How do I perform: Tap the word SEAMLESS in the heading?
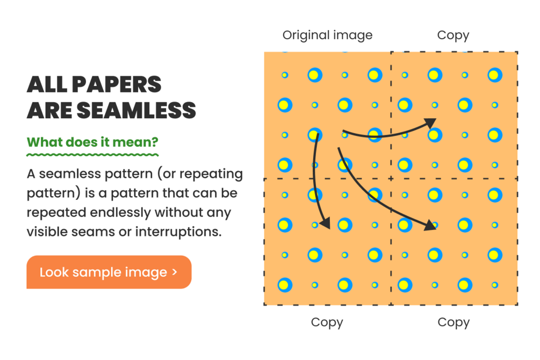[x=136, y=110]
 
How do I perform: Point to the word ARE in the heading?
[x=49, y=110]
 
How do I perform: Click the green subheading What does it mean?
[x=92, y=142]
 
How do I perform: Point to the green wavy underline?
[x=92, y=155]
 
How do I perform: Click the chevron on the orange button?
[x=175, y=272]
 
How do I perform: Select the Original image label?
[x=328, y=35]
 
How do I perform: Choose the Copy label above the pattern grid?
[x=453, y=35]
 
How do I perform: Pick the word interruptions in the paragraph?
[x=178, y=232]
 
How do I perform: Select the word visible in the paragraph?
[x=47, y=232]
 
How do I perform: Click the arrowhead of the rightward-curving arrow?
[x=430, y=123]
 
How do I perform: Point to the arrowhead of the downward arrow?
[x=325, y=223]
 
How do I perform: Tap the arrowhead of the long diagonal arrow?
[x=430, y=225]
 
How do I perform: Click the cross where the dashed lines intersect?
[x=391, y=178]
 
